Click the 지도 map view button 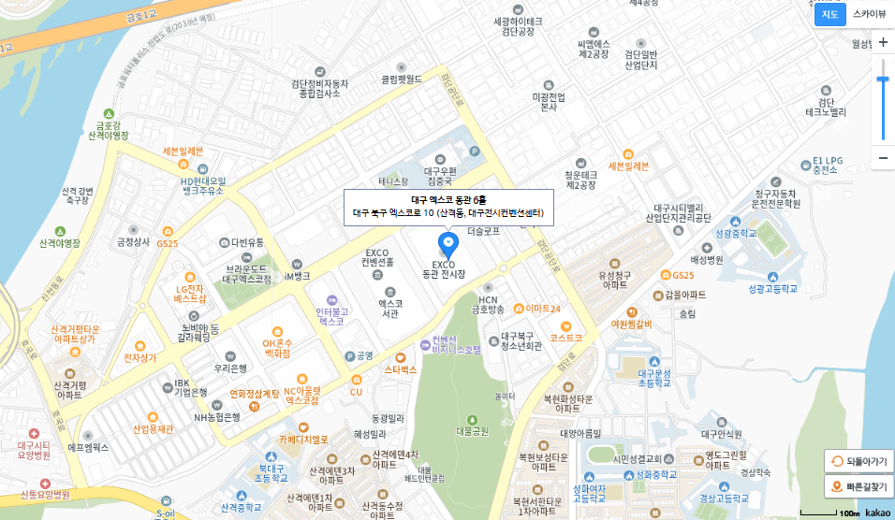(x=829, y=14)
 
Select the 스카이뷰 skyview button (x=869, y=14)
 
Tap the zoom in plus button (x=882, y=43)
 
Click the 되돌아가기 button (x=858, y=461)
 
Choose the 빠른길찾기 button (x=858, y=487)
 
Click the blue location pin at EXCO (x=448, y=246)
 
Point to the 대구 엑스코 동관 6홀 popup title (x=448, y=200)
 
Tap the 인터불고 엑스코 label (x=331, y=315)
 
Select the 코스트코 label (x=566, y=337)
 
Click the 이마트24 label (x=543, y=308)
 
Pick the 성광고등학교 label (x=772, y=289)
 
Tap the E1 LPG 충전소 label (x=825, y=166)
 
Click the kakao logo (x=877, y=513)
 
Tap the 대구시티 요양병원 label (x=33, y=450)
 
